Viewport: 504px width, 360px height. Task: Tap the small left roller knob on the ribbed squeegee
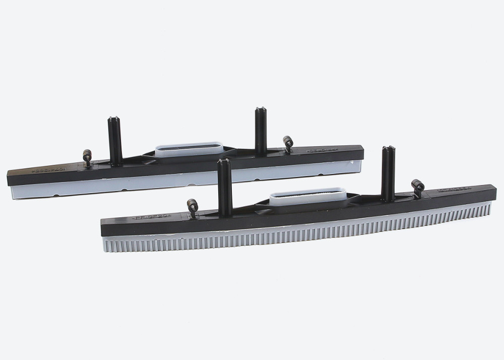(x=192, y=205)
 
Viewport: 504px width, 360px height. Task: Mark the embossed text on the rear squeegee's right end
(x=320, y=150)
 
